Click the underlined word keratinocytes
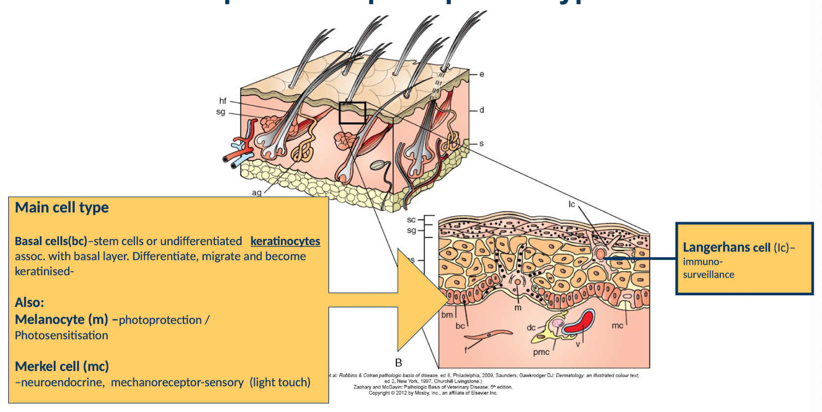pyautogui.click(x=285, y=241)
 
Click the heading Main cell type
pyautogui.click(x=62, y=207)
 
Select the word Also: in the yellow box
pyautogui.click(x=29, y=302)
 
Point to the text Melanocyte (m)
pyautogui.click(x=61, y=320)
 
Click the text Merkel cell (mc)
pyautogui.click(x=62, y=366)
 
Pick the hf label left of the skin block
pyautogui.click(x=223, y=101)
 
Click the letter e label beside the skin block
pyautogui.click(x=481, y=74)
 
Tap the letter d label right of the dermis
pyautogui.click(x=481, y=110)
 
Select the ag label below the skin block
pyautogui.click(x=257, y=193)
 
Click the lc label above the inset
pyautogui.click(x=572, y=204)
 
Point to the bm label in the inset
pyautogui.click(x=447, y=315)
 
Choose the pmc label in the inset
pyautogui.click(x=541, y=352)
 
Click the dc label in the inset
pyautogui.click(x=531, y=327)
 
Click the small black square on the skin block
pyautogui.click(x=352, y=113)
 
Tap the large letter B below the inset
pyautogui.click(x=398, y=363)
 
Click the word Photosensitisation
pyautogui.click(x=61, y=336)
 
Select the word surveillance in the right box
pyautogui.click(x=709, y=275)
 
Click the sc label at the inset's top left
pyautogui.click(x=411, y=220)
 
